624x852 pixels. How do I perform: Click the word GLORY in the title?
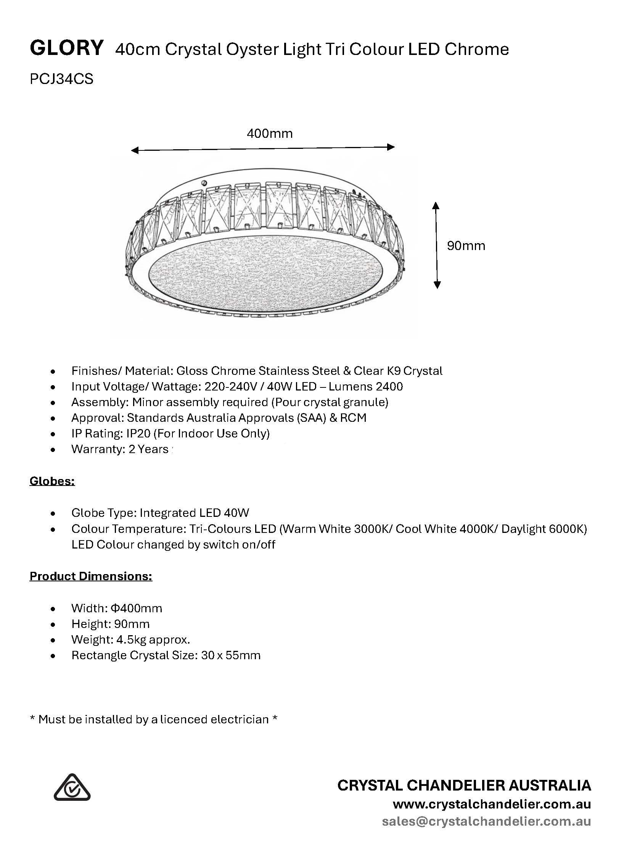pos(66,48)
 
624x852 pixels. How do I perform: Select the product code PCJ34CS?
pos(61,79)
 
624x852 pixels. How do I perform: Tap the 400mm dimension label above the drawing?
pos(270,133)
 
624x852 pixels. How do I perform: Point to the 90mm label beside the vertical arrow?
pos(466,245)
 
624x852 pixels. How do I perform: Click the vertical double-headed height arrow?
pos(437,245)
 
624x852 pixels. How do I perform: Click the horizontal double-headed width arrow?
pos(263,148)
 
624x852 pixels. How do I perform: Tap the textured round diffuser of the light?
pos(267,274)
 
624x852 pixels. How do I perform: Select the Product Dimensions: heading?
pos(91,576)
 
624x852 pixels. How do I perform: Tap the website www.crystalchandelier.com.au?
pos(492,804)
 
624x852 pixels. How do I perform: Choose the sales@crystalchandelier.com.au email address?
pos(486,821)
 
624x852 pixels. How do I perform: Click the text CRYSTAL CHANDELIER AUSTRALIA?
pos(464,785)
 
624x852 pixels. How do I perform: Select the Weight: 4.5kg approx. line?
pos(130,639)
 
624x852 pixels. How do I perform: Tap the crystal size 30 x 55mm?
pos(231,655)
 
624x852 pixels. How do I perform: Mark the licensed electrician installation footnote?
pos(153,719)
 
